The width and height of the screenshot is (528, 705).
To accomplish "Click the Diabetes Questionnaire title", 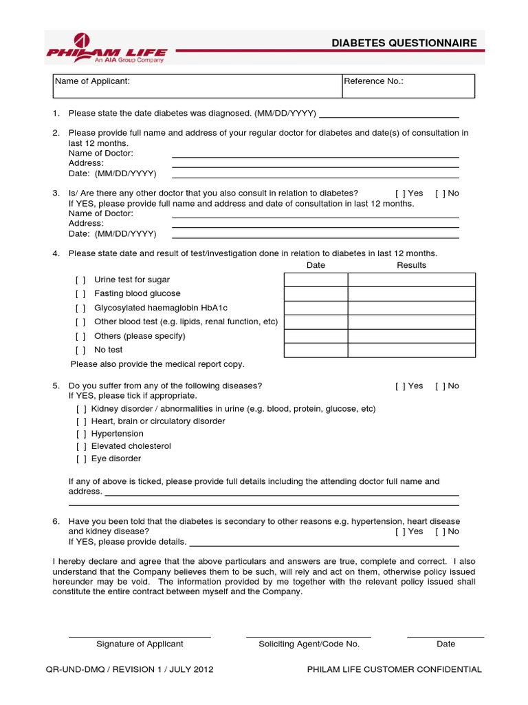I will [x=404, y=43].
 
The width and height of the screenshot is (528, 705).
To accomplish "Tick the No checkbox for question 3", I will [x=439, y=193].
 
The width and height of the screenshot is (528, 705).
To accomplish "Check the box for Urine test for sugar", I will [x=80, y=280].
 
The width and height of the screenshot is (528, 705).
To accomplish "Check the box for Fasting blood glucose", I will [x=80, y=294].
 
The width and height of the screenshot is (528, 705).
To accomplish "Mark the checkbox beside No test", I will [x=80, y=350].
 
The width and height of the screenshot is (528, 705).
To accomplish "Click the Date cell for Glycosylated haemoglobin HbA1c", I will [x=316, y=308].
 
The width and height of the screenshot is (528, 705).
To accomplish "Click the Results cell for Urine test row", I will [x=411, y=280].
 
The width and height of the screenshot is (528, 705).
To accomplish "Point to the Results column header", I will [x=411, y=265].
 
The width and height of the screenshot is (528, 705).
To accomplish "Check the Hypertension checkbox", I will [x=81, y=434].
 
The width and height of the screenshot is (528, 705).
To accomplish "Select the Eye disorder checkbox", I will [x=81, y=459].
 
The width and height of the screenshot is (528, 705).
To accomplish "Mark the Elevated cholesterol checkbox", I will [x=81, y=446].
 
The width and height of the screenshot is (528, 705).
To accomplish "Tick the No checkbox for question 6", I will [x=439, y=532].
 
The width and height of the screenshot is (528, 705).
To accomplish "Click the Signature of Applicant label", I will [x=140, y=644].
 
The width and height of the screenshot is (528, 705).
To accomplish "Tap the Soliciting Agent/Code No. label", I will [x=309, y=644].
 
